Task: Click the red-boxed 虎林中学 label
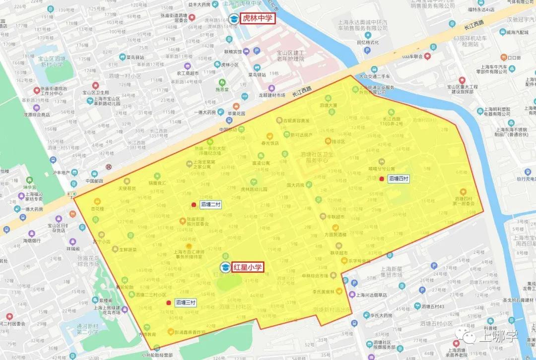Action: (x=257, y=18)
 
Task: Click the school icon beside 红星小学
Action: (x=225, y=267)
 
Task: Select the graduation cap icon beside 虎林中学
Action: (x=233, y=19)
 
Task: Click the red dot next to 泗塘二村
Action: (x=194, y=204)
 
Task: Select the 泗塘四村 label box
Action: (x=399, y=179)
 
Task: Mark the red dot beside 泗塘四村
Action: (x=381, y=179)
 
